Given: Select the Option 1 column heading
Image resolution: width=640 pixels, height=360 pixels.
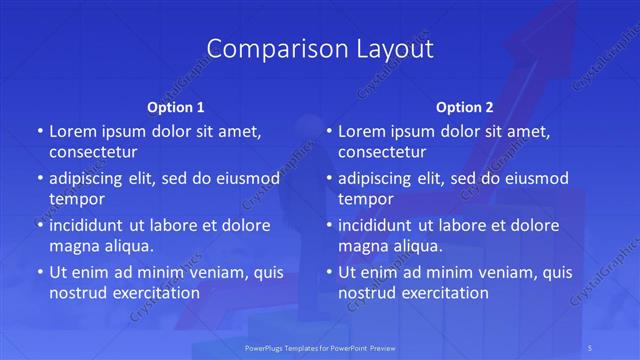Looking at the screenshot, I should click(176, 107).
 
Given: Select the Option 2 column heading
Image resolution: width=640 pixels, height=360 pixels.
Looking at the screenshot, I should click(465, 107).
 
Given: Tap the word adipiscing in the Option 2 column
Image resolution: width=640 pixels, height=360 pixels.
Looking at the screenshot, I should click(379, 178).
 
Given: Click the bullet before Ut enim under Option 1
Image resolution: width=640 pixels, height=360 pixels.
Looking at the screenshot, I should click(39, 272).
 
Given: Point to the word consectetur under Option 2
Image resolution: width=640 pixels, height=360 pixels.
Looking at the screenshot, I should click(383, 152).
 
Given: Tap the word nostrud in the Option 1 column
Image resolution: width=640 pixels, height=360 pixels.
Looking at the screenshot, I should click(77, 293).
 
